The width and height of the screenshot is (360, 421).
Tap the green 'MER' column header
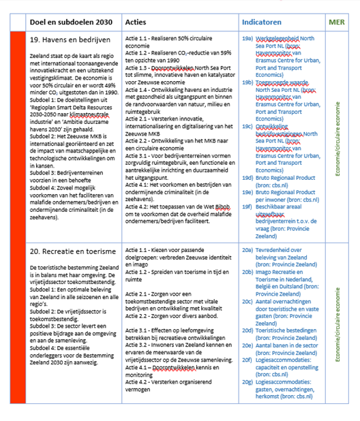click(337, 22)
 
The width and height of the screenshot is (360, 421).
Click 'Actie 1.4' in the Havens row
click(139, 89)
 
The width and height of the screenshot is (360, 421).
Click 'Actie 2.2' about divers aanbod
click(139, 298)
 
